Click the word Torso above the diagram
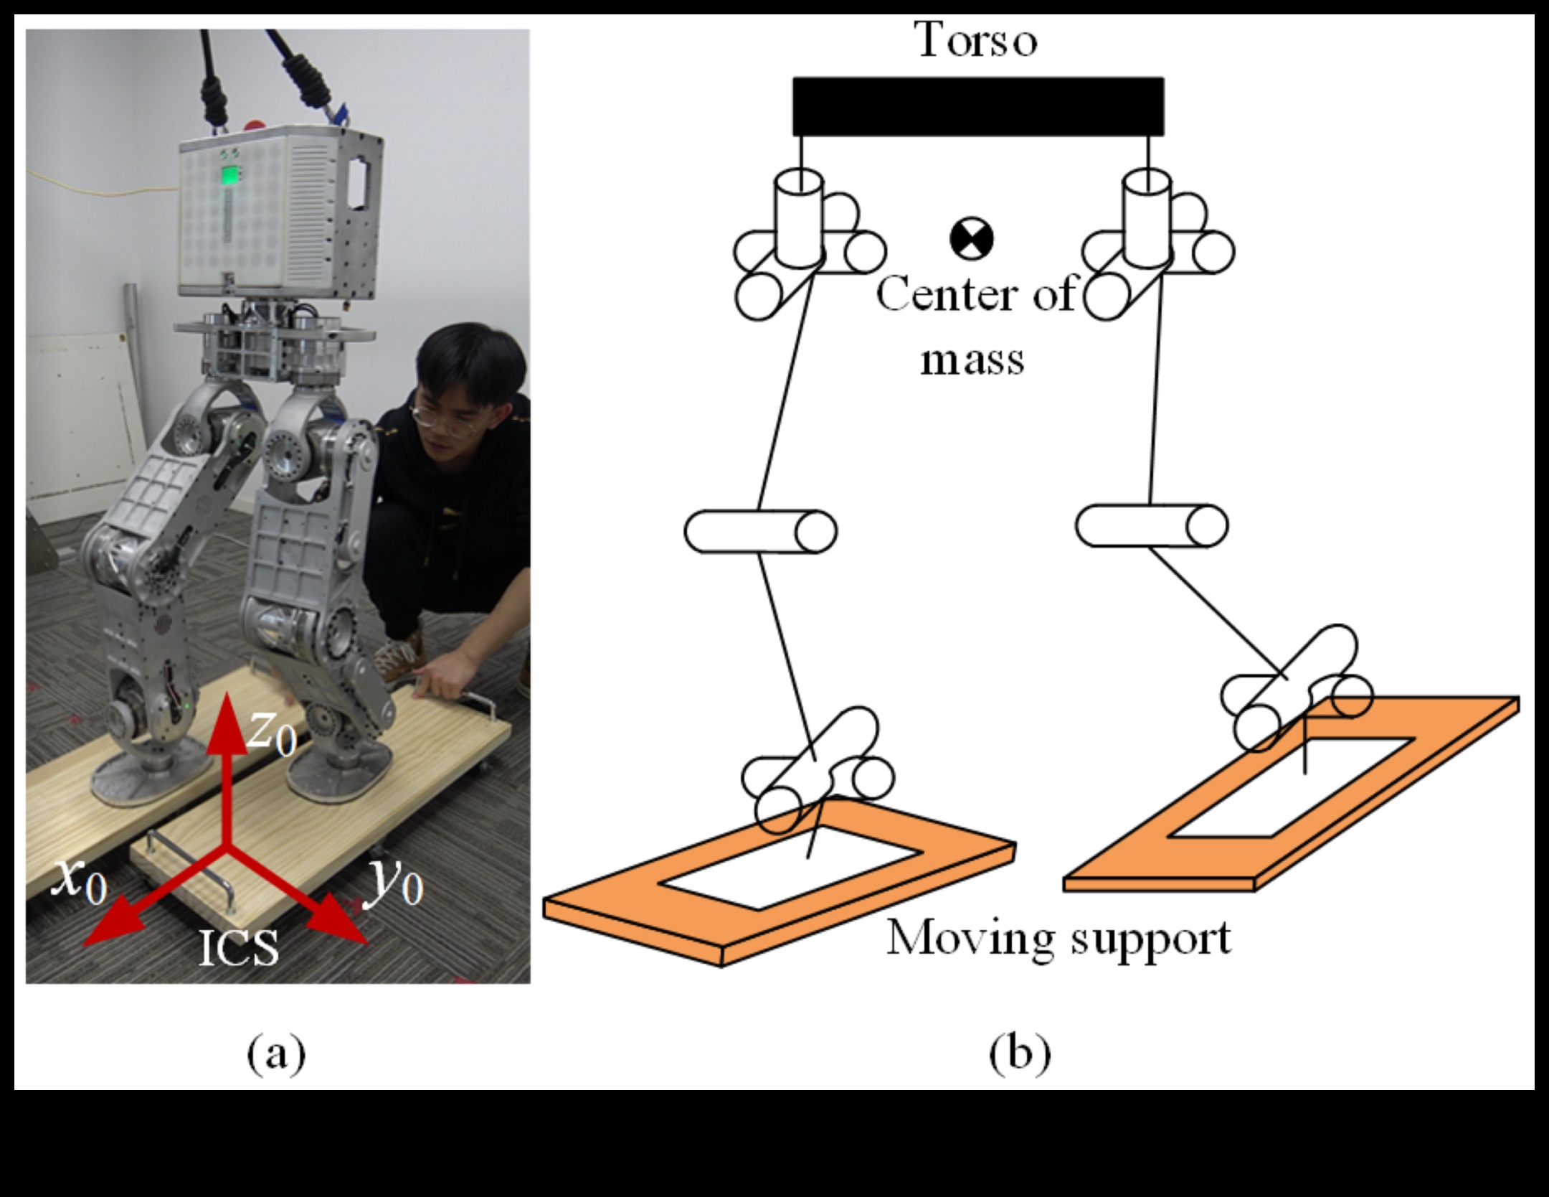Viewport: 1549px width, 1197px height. [x=977, y=40]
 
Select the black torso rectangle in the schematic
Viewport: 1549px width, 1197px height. [x=977, y=106]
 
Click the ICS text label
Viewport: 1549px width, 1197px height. [x=238, y=949]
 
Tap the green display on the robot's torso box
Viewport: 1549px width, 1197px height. [x=231, y=177]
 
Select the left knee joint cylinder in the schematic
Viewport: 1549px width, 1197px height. [x=760, y=532]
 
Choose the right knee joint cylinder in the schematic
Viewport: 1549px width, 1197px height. [x=1151, y=526]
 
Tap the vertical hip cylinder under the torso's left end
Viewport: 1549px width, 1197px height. [x=799, y=217]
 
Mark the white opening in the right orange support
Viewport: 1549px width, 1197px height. [x=1291, y=787]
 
